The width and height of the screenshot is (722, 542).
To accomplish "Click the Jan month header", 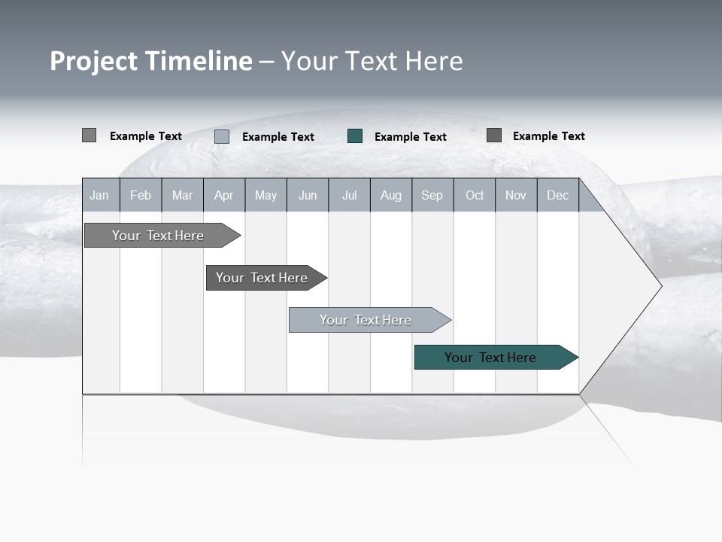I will tap(99, 195).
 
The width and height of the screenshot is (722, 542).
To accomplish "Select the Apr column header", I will tap(223, 195).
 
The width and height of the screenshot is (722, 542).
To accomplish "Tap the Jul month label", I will tap(349, 195).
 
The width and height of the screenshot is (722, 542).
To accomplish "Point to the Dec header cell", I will tap(557, 195).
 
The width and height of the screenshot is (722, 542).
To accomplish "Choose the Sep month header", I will tap(432, 195).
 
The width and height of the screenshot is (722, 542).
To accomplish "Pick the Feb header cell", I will tap(141, 195).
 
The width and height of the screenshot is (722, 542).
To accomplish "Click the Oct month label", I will tap(475, 195).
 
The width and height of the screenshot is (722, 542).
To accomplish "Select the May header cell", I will tap(265, 195).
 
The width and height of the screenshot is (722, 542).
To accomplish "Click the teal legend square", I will tap(355, 136).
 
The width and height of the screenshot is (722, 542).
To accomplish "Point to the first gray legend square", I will tap(89, 135).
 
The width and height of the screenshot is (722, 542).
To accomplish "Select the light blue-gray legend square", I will tap(222, 136).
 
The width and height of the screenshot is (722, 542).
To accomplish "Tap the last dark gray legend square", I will tap(494, 135).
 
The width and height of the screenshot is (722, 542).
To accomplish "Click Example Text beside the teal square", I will tap(410, 137).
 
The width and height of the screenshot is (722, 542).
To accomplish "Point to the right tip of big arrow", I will tap(660, 286).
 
